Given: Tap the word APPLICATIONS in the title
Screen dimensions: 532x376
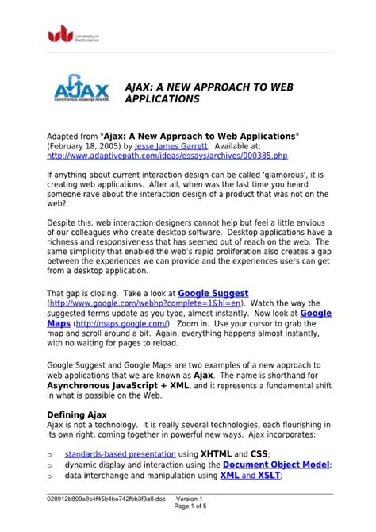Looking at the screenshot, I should [x=163, y=101].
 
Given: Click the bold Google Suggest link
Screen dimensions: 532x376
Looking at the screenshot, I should [x=213, y=293].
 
